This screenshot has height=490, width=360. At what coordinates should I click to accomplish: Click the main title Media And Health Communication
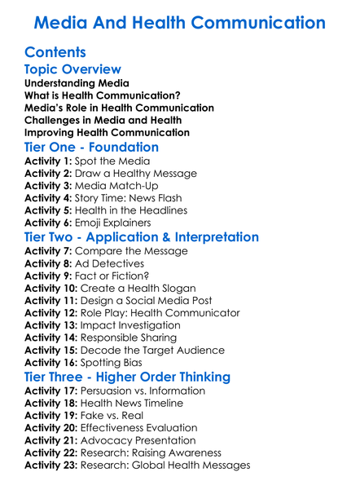click(x=180, y=22)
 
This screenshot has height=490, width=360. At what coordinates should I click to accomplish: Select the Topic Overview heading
click(x=73, y=70)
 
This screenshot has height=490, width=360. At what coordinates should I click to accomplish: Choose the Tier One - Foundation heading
click(x=92, y=147)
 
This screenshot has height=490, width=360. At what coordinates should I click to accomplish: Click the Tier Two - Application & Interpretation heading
click(x=142, y=237)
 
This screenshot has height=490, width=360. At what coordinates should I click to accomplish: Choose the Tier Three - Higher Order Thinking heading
click(x=128, y=377)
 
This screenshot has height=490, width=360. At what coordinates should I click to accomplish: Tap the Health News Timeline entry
click(x=143, y=403)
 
